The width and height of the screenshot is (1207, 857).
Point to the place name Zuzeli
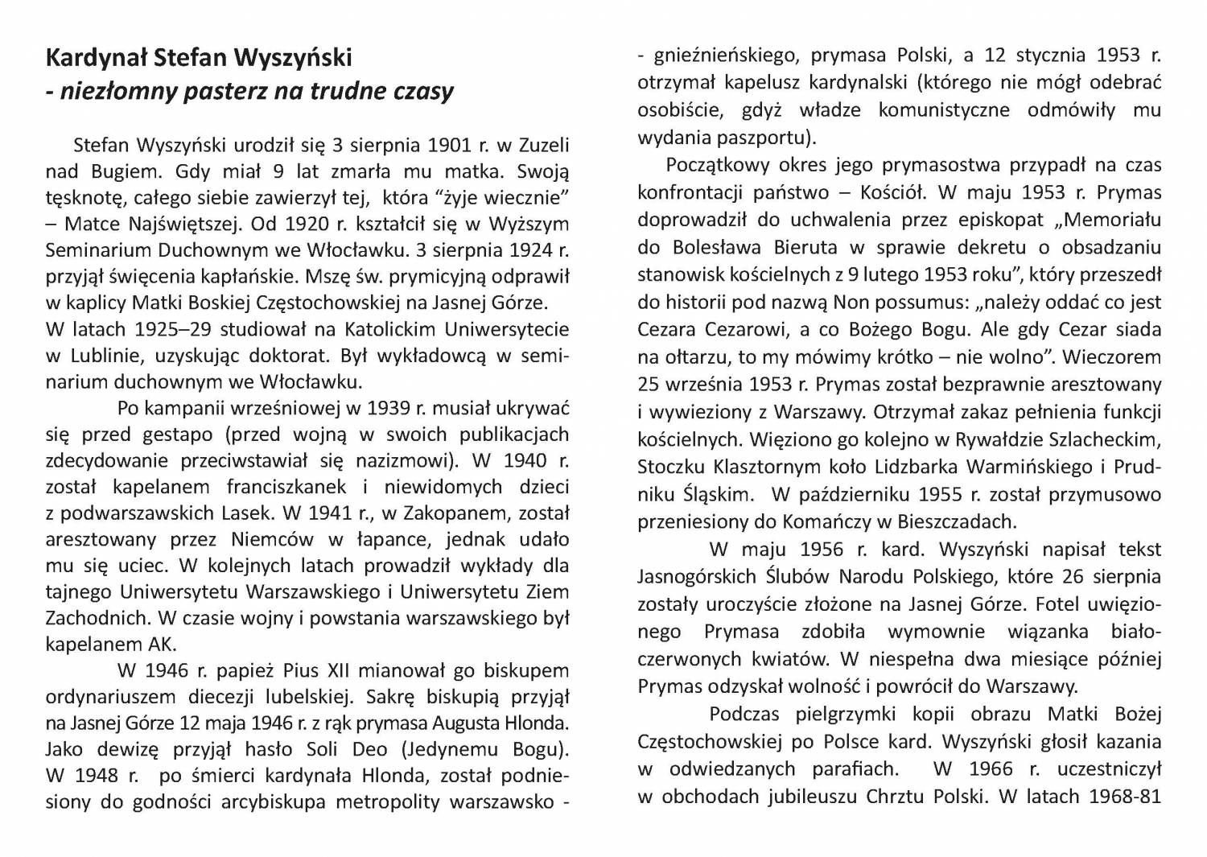544,145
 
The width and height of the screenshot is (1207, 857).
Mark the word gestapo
180,435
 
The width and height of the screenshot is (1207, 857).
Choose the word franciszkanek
286,487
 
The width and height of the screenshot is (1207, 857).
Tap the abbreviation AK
161,645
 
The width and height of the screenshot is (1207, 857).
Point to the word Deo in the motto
369,749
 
